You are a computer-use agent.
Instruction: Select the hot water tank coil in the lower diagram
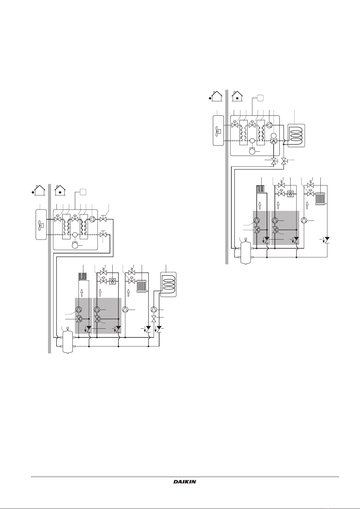(169, 284)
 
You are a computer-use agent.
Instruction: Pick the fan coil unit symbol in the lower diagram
(112, 281)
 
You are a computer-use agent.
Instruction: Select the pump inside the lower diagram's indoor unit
(92, 219)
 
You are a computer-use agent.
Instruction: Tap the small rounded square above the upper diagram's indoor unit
(260, 98)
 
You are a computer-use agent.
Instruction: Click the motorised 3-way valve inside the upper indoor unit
(274, 141)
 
